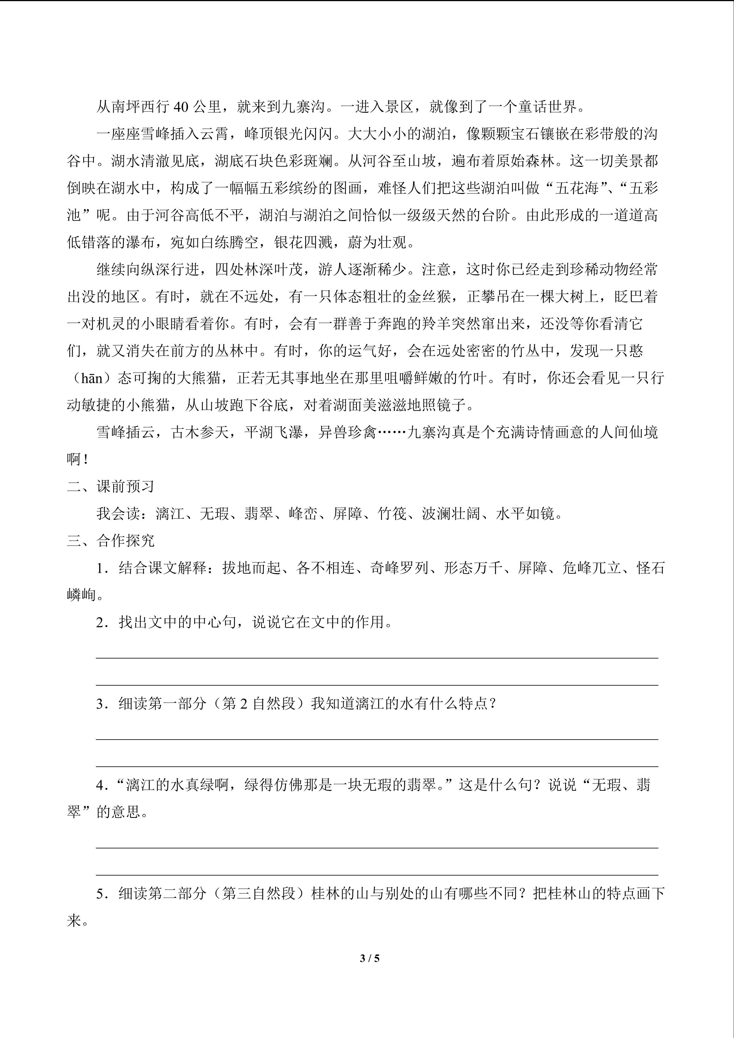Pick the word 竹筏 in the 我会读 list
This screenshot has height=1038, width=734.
(392, 514)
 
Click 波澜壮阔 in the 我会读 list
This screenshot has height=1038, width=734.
(451, 514)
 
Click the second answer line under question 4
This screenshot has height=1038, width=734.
(377, 875)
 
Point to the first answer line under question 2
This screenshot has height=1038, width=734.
(377, 658)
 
